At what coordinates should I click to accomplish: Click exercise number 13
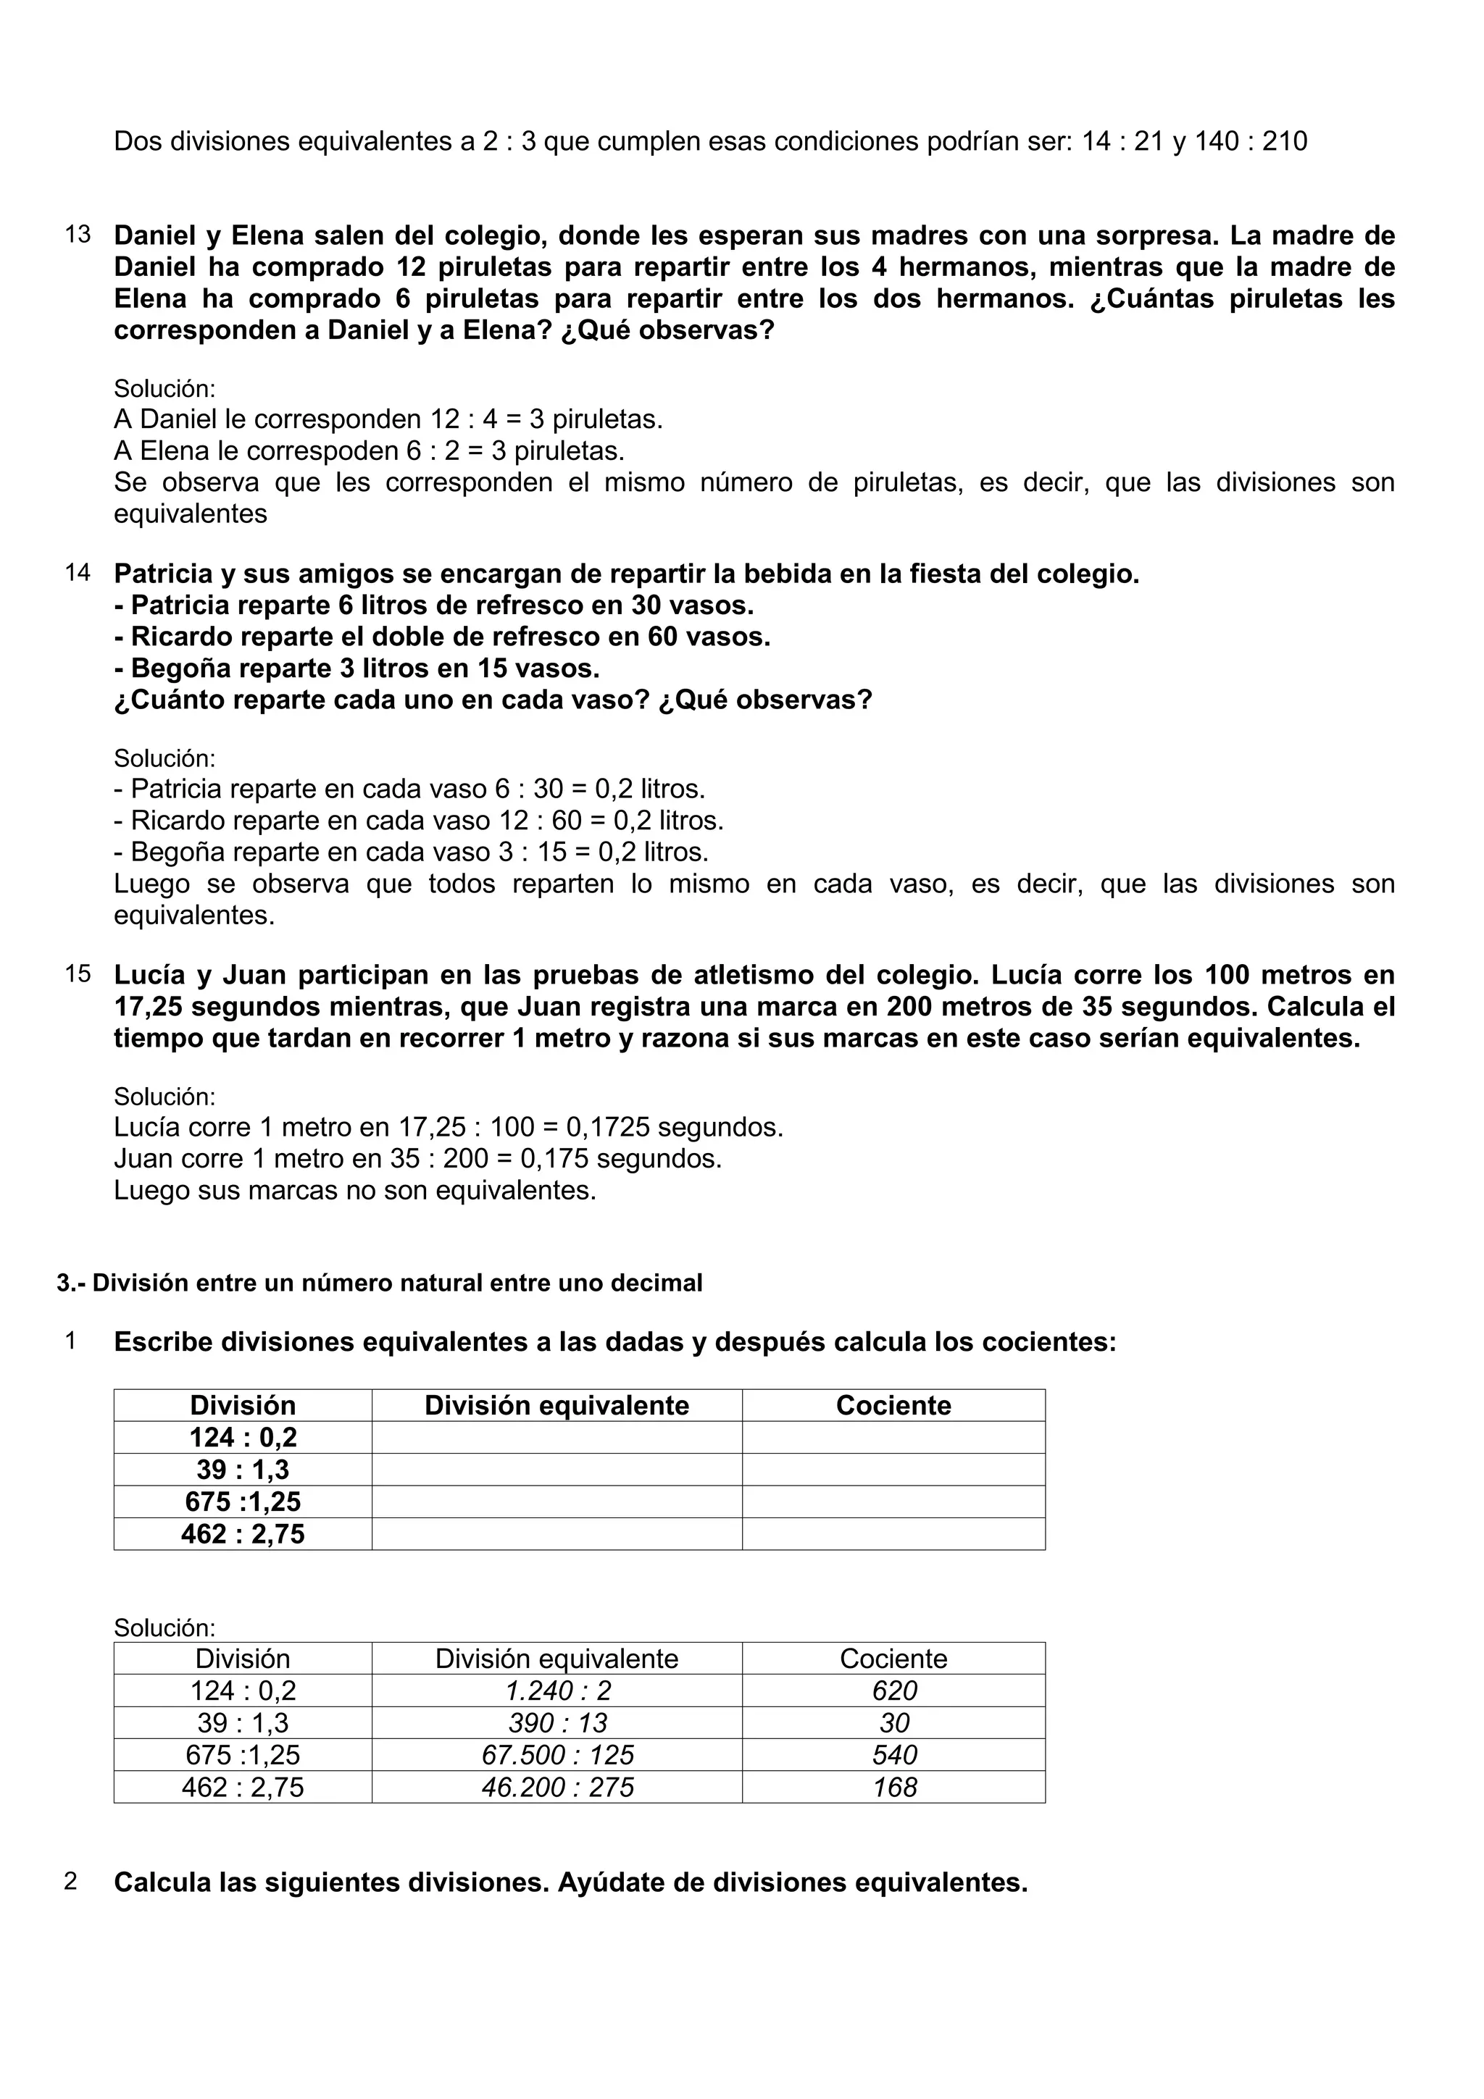(x=78, y=235)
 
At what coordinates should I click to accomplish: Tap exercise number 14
(x=78, y=573)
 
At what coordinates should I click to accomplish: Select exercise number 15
(x=78, y=973)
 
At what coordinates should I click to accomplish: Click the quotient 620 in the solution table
(x=893, y=1690)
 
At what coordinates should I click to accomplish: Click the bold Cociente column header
(x=893, y=1405)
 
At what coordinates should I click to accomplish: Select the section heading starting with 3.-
(x=380, y=1283)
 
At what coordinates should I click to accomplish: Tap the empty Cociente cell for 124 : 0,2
(x=893, y=1437)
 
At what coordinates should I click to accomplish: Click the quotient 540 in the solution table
(x=893, y=1754)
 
